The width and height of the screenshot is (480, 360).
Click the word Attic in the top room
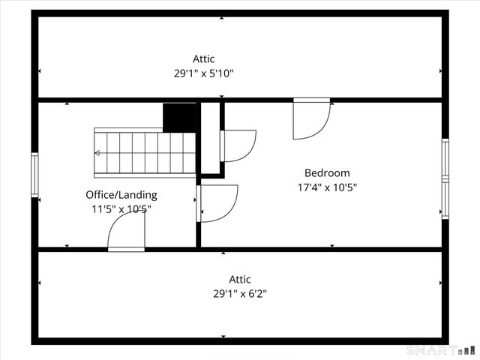coord(203,58)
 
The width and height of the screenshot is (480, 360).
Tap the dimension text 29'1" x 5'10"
coord(203,73)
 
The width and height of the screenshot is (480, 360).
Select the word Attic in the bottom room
coord(240,279)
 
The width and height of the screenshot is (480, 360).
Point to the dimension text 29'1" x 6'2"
coord(240,294)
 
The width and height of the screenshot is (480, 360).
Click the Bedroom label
coord(327,172)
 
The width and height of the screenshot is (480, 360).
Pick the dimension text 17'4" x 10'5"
coord(327,187)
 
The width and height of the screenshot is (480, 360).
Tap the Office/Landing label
coord(121,195)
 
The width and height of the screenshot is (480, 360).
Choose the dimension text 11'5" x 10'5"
coord(121,210)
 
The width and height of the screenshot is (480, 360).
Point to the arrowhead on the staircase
coord(96,153)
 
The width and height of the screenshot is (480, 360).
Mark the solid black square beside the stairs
coord(179,117)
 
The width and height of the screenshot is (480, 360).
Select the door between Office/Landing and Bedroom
coord(217,202)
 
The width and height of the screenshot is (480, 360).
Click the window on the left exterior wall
coord(34,175)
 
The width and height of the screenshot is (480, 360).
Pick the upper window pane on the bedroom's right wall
coord(445,159)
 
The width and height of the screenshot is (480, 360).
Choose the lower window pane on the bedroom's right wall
coord(445,199)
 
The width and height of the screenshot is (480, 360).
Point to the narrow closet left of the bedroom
coord(210,139)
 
